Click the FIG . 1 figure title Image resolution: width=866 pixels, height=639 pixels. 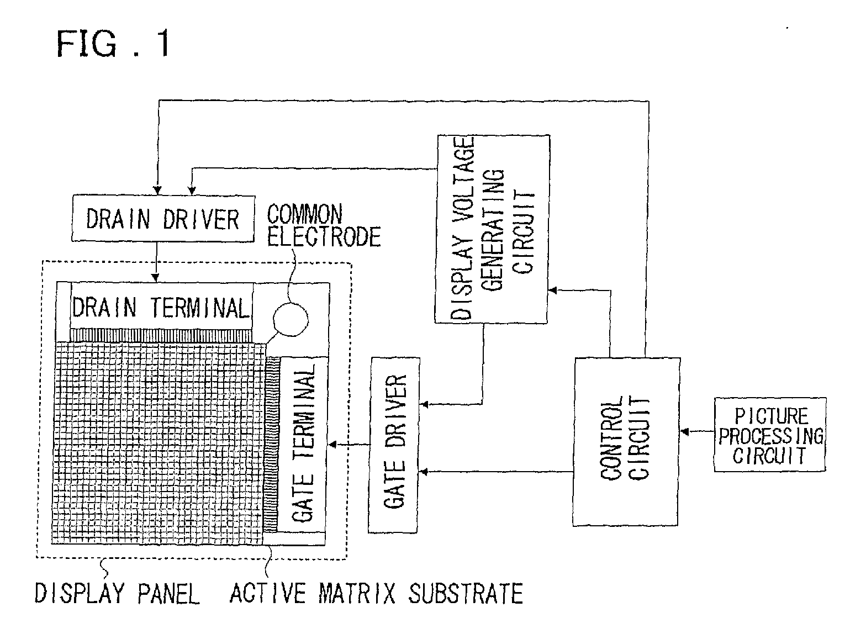coord(113,44)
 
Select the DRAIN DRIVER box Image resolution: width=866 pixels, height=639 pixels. coord(162,219)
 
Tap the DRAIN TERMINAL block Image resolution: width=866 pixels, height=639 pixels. coord(161,307)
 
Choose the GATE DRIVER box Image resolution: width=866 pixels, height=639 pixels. coord(394,445)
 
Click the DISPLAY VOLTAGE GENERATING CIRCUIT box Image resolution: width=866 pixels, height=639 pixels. coord(492,229)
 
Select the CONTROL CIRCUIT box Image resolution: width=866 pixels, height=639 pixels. coord(626,441)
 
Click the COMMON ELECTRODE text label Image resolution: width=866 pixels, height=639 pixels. coord(324,226)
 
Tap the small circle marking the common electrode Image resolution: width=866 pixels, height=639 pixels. coord(291,319)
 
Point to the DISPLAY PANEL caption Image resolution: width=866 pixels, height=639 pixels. coord(117,594)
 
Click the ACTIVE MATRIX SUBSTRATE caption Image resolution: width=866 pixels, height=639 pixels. coord(376,594)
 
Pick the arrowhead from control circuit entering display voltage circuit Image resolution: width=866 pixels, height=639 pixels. coord(552,289)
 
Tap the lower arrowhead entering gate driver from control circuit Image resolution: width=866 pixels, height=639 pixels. coord(424,471)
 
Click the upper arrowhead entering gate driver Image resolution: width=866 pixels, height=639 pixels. coord(424,405)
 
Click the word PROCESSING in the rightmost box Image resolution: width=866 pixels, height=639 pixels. coord(770,436)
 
